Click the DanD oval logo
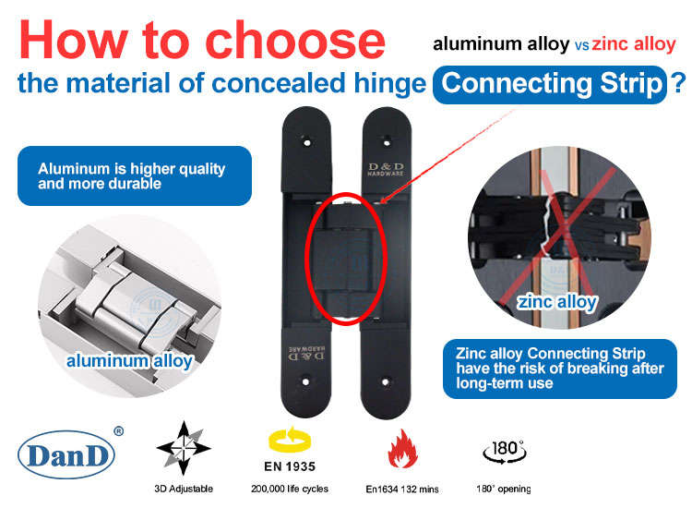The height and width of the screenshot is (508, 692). click(x=66, y=454)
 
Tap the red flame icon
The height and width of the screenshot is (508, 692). click(x=402, y=449)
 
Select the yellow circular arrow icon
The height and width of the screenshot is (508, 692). click(x=290, y=440)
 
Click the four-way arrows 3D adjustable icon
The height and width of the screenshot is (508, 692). click(x=184, y=448)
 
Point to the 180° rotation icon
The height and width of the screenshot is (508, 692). click(x=505, y=452)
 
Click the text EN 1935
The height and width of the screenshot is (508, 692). click(x=290, y=467)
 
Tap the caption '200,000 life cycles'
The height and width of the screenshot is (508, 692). click(x=290, y=489)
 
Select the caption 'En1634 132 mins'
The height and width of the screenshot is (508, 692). click(x=402, y=490)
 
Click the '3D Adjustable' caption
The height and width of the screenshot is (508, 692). click(x=184, y=489)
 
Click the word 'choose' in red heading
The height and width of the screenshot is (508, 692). click(x=295, y=40)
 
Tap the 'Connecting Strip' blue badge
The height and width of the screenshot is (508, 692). click(x=550, y=84)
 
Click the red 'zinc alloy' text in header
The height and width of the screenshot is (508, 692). click(x=634, y=44)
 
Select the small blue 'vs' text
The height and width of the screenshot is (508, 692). click(x=581, y=46)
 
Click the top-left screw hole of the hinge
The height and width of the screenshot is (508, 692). click(x=306, y=142)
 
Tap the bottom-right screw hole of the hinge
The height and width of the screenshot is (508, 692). click(x=386, y=381)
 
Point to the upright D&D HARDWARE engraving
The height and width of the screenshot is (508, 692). click(x=386, y=169)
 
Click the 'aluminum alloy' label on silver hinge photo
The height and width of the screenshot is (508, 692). click(x=129, y=361)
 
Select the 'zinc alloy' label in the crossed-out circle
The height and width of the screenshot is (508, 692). click(x=557, y=302)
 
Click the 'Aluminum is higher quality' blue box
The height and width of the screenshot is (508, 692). click(x=135, y=175)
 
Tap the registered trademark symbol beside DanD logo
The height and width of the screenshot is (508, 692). click(x=119, y=431)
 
